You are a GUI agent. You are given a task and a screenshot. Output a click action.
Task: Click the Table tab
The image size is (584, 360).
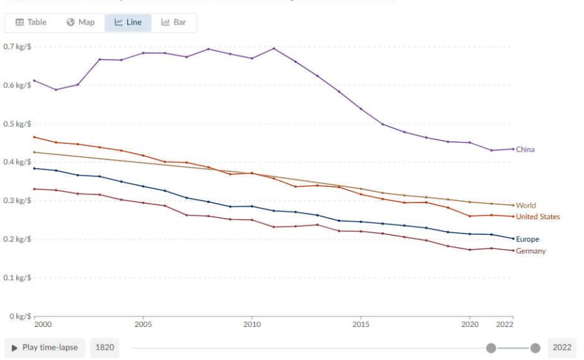31,22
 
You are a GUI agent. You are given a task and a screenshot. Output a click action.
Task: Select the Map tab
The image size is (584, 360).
80,22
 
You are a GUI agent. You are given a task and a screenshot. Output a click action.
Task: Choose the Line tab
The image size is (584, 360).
128,22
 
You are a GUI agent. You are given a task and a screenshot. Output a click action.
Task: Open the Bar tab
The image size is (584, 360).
174,22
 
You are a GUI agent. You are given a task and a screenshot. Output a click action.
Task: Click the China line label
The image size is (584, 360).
525,149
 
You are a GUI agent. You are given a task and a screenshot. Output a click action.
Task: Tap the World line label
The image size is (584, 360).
526,206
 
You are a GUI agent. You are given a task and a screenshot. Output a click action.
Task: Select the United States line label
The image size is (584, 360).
537,217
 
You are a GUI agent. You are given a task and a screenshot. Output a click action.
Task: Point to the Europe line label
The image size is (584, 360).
527,239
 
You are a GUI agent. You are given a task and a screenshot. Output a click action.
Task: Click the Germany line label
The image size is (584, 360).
530,251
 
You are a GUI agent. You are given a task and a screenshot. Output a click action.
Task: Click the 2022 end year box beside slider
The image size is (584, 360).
561,347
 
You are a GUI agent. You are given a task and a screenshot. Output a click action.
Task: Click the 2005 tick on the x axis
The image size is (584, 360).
143,324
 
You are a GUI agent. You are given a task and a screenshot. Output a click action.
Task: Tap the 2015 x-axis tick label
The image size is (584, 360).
361,324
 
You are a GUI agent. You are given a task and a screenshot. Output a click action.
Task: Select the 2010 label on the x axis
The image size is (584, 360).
252,324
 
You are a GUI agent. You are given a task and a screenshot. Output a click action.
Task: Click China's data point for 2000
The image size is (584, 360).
34,80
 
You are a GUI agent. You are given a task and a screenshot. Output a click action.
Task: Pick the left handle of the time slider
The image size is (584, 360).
491,348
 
